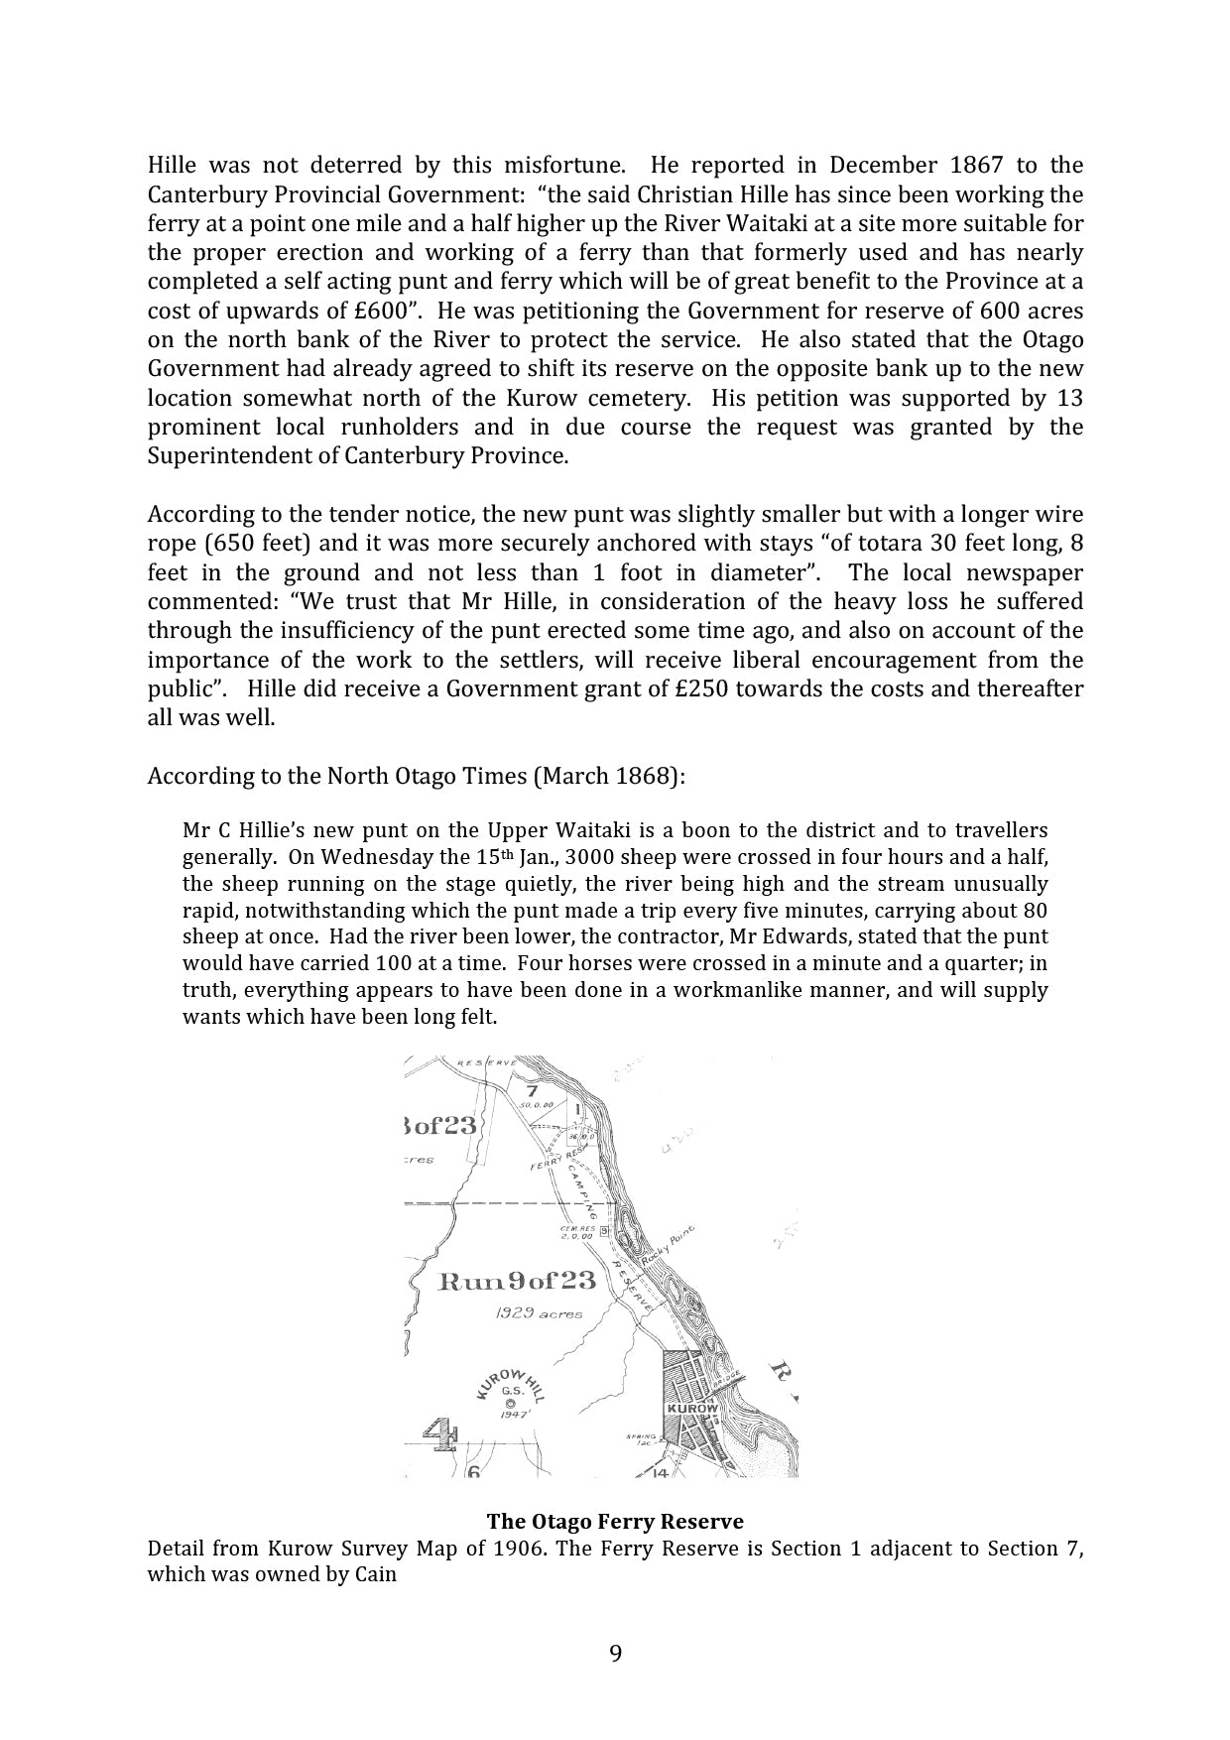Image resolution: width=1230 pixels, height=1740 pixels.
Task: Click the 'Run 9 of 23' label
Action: point(518,1281)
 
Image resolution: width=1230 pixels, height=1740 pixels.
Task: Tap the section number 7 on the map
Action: point(532,1091)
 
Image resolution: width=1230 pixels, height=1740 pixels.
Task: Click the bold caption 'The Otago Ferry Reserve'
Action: point(615,1521)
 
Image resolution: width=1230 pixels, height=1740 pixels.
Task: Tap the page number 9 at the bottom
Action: point(615,1654)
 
